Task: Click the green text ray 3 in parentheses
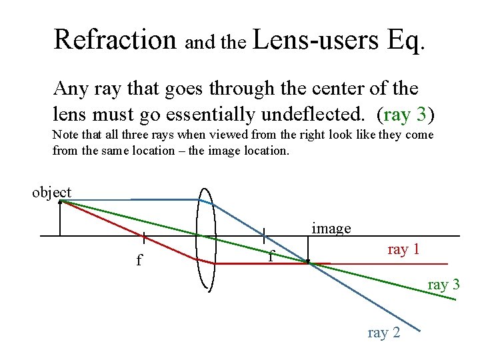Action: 405,115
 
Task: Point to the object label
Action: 52,193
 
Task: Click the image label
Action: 331,229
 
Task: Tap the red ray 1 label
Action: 403,249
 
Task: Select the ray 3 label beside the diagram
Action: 443,285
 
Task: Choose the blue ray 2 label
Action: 384,333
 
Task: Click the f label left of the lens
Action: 139,260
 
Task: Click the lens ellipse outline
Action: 197,240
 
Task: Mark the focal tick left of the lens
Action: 145,236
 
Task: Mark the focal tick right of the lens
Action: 264,236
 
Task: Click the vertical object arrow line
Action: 60,219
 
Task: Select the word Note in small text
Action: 65,135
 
